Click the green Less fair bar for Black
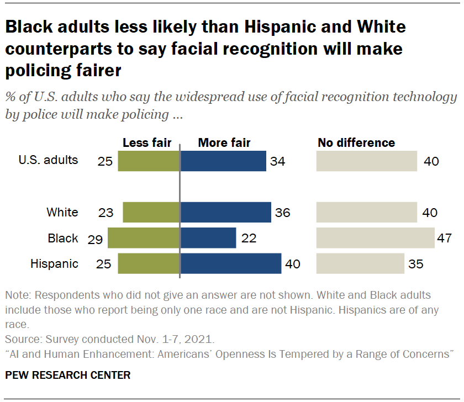(x=144, y=238)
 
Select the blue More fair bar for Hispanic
(x=231, y=263)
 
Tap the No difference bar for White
(x=366, y=213)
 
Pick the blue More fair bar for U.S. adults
(x=223, y=161)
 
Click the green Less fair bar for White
(x=151, y=213)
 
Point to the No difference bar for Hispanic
(x=360, y=263)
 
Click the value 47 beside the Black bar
(x=444, y=239)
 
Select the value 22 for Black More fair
(x=250, y=239)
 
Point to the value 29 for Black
(x=96, y=239)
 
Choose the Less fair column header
(x=147, y=143)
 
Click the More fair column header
(x=224, y=143)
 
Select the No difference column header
(x=356, y=143)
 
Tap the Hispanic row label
(x=54, y=264)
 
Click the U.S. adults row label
(x=49, y=161)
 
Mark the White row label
(x=62, y=213)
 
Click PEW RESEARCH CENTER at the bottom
(x=68, y=375)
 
